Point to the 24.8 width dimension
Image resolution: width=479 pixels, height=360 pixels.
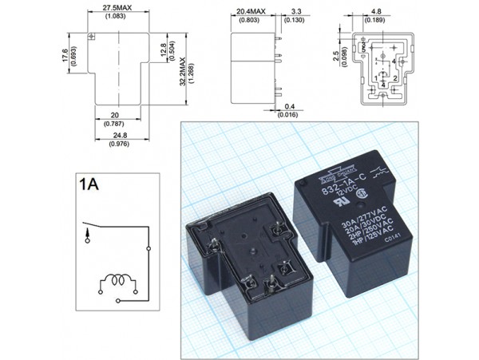119,135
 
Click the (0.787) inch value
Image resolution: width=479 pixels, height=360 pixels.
119,124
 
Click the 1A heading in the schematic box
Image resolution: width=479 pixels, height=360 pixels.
89,184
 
